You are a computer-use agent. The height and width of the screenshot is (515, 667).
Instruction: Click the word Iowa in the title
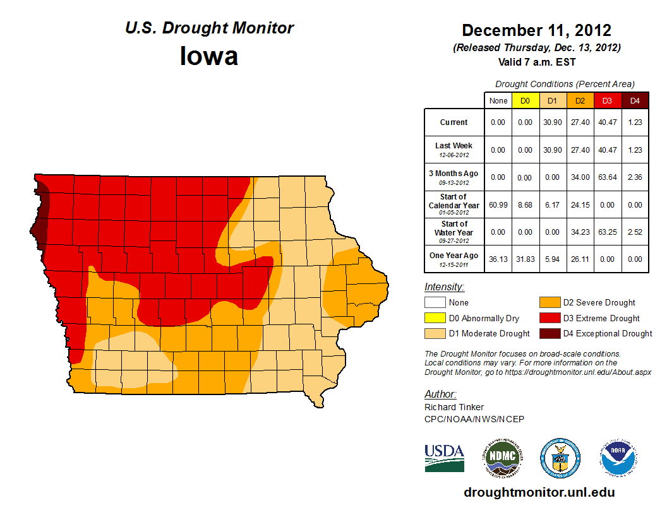(209, 56)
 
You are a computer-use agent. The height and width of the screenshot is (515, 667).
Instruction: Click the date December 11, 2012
(536, 30)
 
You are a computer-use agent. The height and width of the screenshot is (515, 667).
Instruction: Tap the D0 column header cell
(525, 100)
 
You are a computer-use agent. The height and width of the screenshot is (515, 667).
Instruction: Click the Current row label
(454, 122)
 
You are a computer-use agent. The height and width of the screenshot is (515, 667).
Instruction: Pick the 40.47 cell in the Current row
(607, 122)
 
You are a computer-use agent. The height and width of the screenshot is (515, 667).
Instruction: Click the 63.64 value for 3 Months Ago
(607, 177)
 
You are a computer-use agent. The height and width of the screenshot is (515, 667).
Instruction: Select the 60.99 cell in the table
(498, 205)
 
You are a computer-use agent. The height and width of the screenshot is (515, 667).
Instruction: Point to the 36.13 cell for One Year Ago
(498, 259)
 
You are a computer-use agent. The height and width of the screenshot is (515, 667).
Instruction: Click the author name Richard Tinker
(454, 407)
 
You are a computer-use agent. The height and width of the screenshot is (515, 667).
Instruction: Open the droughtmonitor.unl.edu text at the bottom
(539, 492)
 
